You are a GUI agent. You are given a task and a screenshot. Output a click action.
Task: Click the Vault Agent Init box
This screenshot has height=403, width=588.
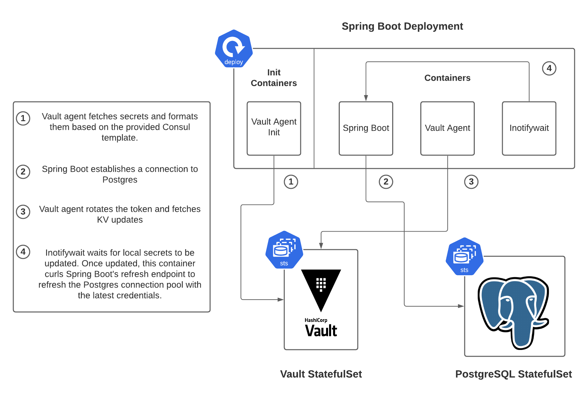(274, 128)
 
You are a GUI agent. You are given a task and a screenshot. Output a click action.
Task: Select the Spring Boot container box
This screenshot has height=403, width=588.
(366, 128)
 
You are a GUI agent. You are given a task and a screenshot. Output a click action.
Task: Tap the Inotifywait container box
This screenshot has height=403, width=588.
(529, 128)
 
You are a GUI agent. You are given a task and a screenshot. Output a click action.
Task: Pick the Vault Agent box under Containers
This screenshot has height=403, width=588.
(447, 128)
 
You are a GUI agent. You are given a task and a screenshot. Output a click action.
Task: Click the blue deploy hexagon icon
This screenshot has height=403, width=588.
(234, 49)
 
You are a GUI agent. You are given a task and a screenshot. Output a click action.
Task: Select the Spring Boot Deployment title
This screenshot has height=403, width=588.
(402, 26)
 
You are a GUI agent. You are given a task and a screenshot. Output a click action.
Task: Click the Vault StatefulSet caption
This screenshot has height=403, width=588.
(321, 374)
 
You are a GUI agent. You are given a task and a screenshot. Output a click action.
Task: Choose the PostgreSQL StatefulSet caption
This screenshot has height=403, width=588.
(513, 374)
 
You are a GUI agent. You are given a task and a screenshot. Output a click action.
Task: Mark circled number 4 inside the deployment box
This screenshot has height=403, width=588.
(549, 68)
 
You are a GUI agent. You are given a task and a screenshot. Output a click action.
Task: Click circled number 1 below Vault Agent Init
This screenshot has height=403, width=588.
(291, 182)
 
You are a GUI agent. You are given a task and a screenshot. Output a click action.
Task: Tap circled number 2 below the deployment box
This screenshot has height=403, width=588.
(386, 182)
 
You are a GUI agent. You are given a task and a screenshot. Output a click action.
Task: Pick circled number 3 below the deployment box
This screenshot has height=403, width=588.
(471, 182)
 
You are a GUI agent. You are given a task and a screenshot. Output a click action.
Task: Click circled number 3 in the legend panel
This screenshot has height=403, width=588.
(23, 212)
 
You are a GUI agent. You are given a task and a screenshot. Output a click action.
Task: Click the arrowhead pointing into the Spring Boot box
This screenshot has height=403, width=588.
(366, 98)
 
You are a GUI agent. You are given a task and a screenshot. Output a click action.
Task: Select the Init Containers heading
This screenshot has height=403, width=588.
(274, 78)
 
